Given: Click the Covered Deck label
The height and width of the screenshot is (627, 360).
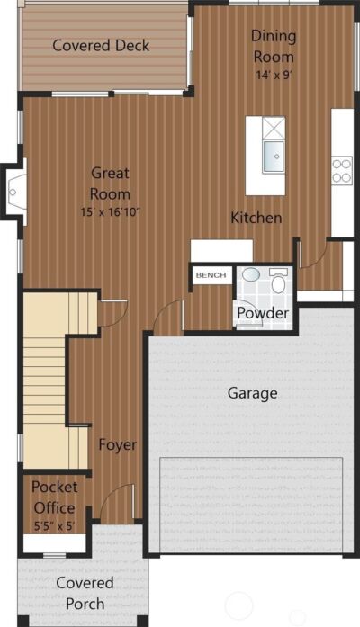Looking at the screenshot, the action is (101, 45).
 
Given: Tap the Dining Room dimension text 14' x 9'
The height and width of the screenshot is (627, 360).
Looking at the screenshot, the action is (274, 75).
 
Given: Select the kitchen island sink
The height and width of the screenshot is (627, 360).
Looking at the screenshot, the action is (274, 157).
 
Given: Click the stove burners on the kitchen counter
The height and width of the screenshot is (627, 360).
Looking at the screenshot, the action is (342, 170).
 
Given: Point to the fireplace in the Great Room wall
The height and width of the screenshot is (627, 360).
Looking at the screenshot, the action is (15, 192).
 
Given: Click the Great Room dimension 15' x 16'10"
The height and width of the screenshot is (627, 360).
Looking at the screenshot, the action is (111, 212).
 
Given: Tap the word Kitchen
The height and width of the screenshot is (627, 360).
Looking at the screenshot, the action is (256, 218).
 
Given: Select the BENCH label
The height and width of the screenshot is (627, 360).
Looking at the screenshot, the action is (211, 275).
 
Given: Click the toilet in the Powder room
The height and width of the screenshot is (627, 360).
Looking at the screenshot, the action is (278, 281).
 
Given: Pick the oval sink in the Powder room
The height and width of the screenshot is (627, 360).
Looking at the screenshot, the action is (251, 274).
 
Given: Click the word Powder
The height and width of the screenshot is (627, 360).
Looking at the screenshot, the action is (263, 313).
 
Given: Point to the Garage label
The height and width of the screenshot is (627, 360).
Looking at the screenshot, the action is (252, 393).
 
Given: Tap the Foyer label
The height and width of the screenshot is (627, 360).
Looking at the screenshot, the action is (118, 445).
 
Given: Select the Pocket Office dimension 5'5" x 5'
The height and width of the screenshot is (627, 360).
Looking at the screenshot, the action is (54, 525).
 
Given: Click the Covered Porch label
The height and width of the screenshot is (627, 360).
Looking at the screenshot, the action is (85, 594).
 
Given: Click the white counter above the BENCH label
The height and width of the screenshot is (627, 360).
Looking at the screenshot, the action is (221, 251).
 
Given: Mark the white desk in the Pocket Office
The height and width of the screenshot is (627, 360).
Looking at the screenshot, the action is (55, 542).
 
